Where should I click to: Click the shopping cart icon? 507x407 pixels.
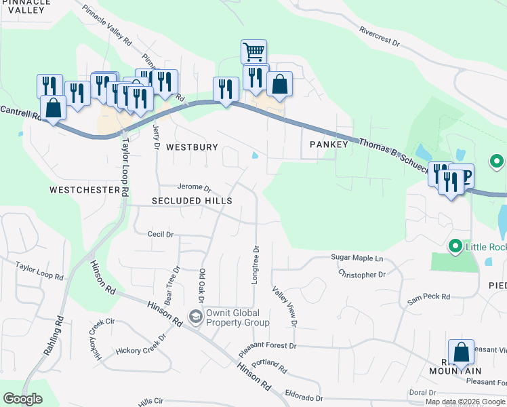coord(254,51)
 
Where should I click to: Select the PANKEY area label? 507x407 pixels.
coord(329,144)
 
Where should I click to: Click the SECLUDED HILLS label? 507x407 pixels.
coord(192,201)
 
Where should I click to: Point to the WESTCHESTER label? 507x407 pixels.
coord(84,190)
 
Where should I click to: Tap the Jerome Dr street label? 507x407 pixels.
coord(195,188)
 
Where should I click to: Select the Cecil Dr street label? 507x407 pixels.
coord(161,234)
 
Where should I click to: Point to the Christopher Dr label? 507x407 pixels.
coord(362,275)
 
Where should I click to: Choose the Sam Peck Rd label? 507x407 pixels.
coord(428,296)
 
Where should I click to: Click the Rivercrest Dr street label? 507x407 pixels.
coord(380,37)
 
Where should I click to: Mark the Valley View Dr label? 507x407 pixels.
coord(284,306)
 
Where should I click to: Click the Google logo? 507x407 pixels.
coord(22,399)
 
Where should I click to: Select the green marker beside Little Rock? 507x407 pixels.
coord(455,246)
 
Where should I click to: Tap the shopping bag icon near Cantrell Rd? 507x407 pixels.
coord(53,106)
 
